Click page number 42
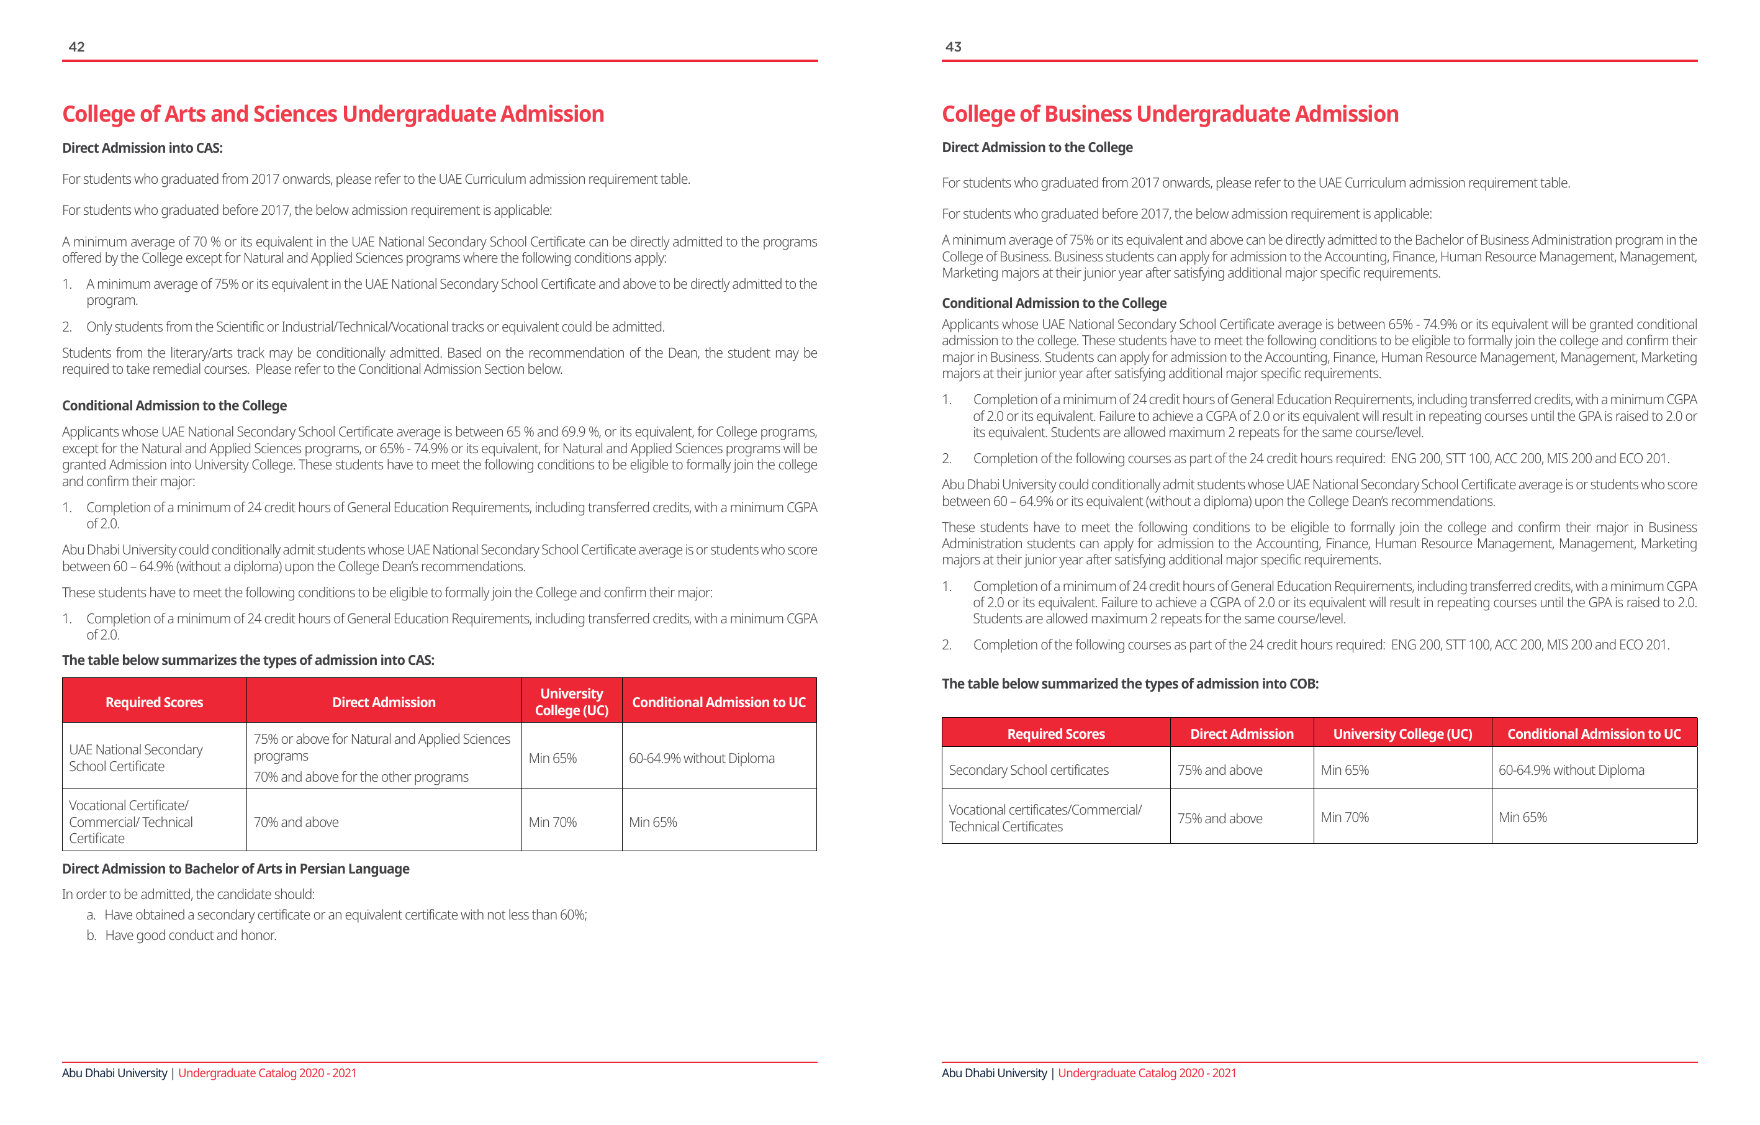tap(77, 47)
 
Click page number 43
tap(953, 47)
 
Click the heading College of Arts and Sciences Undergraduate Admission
tap(333, 114)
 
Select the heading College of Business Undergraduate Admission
tap(1170, 114)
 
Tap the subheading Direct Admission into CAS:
tap(143, 148)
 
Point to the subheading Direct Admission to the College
tap(1036, 147)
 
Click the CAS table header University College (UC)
tap(572, 702)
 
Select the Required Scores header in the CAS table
tap(154, 702)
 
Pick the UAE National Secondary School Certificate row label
tap(136, 757)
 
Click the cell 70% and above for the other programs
tap(361, 777)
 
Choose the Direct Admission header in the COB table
tap(1241, 734)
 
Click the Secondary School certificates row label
tap(1028, 770)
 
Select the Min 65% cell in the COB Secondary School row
tap(1344, 770)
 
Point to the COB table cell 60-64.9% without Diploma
tap(1571, 770)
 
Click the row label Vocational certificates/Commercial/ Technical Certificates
tap(1044, 818)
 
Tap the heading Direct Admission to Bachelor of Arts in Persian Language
tap(235, 869)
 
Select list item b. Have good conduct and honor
tap(190, 935)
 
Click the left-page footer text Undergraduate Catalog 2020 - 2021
tap(267, 1073)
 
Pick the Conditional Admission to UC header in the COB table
tap(1594, 734)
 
